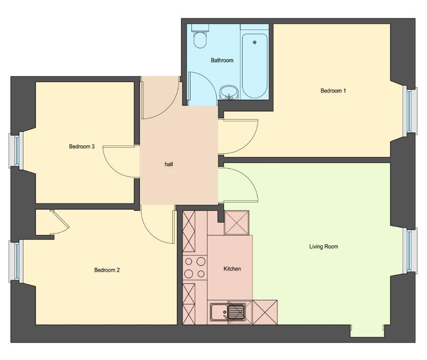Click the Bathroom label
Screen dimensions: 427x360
tap(222, 60)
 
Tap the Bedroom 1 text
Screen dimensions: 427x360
tap(333, 90)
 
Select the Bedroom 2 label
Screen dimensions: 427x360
tap(107, 270)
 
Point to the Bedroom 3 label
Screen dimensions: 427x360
tap(82, 146)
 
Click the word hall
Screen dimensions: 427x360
tap(169, 164)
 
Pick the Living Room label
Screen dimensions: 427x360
tap(323, 247)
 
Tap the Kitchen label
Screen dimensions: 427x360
tap(232, 269)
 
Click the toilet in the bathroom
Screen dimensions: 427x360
tap(200, 36)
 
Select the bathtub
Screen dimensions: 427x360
tap(255, 66)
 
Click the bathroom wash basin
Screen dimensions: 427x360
tap(229, 92)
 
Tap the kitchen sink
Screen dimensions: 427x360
tap(228, 312)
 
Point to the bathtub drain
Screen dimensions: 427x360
tap(255, 42)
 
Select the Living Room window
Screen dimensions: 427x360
tap(410, 251)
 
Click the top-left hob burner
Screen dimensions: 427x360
tap(189, 262)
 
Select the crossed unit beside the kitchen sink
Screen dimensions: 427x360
tap(265, 312)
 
